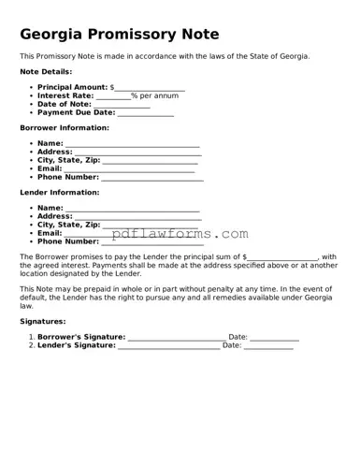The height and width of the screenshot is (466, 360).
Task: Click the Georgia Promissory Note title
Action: pyautogui.click(x=120, y=35)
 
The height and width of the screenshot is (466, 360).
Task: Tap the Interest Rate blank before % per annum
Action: pyautogui.click(x=113, y=96)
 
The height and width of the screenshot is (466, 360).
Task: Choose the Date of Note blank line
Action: pyautogui.click(x=123, y=105)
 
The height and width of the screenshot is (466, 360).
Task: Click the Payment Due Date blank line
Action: pyautogui.click(x=146, y=113)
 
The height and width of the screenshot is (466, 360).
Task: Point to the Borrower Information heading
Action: pyautogui.click(x=65, y=127)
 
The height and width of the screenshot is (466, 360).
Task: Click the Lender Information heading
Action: pyautogui.click(x=60, y=192)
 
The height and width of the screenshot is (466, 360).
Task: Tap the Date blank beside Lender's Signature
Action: pyautogui.click(x=268, y=345)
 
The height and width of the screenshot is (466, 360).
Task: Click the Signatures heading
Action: pyautogui.click(x=43, y=321)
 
